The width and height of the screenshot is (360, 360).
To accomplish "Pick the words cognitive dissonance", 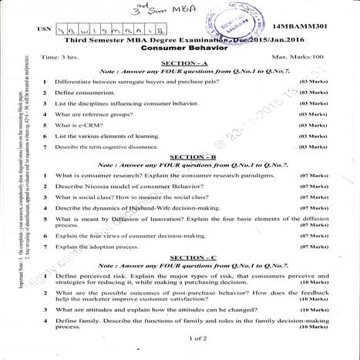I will coord(143,146).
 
